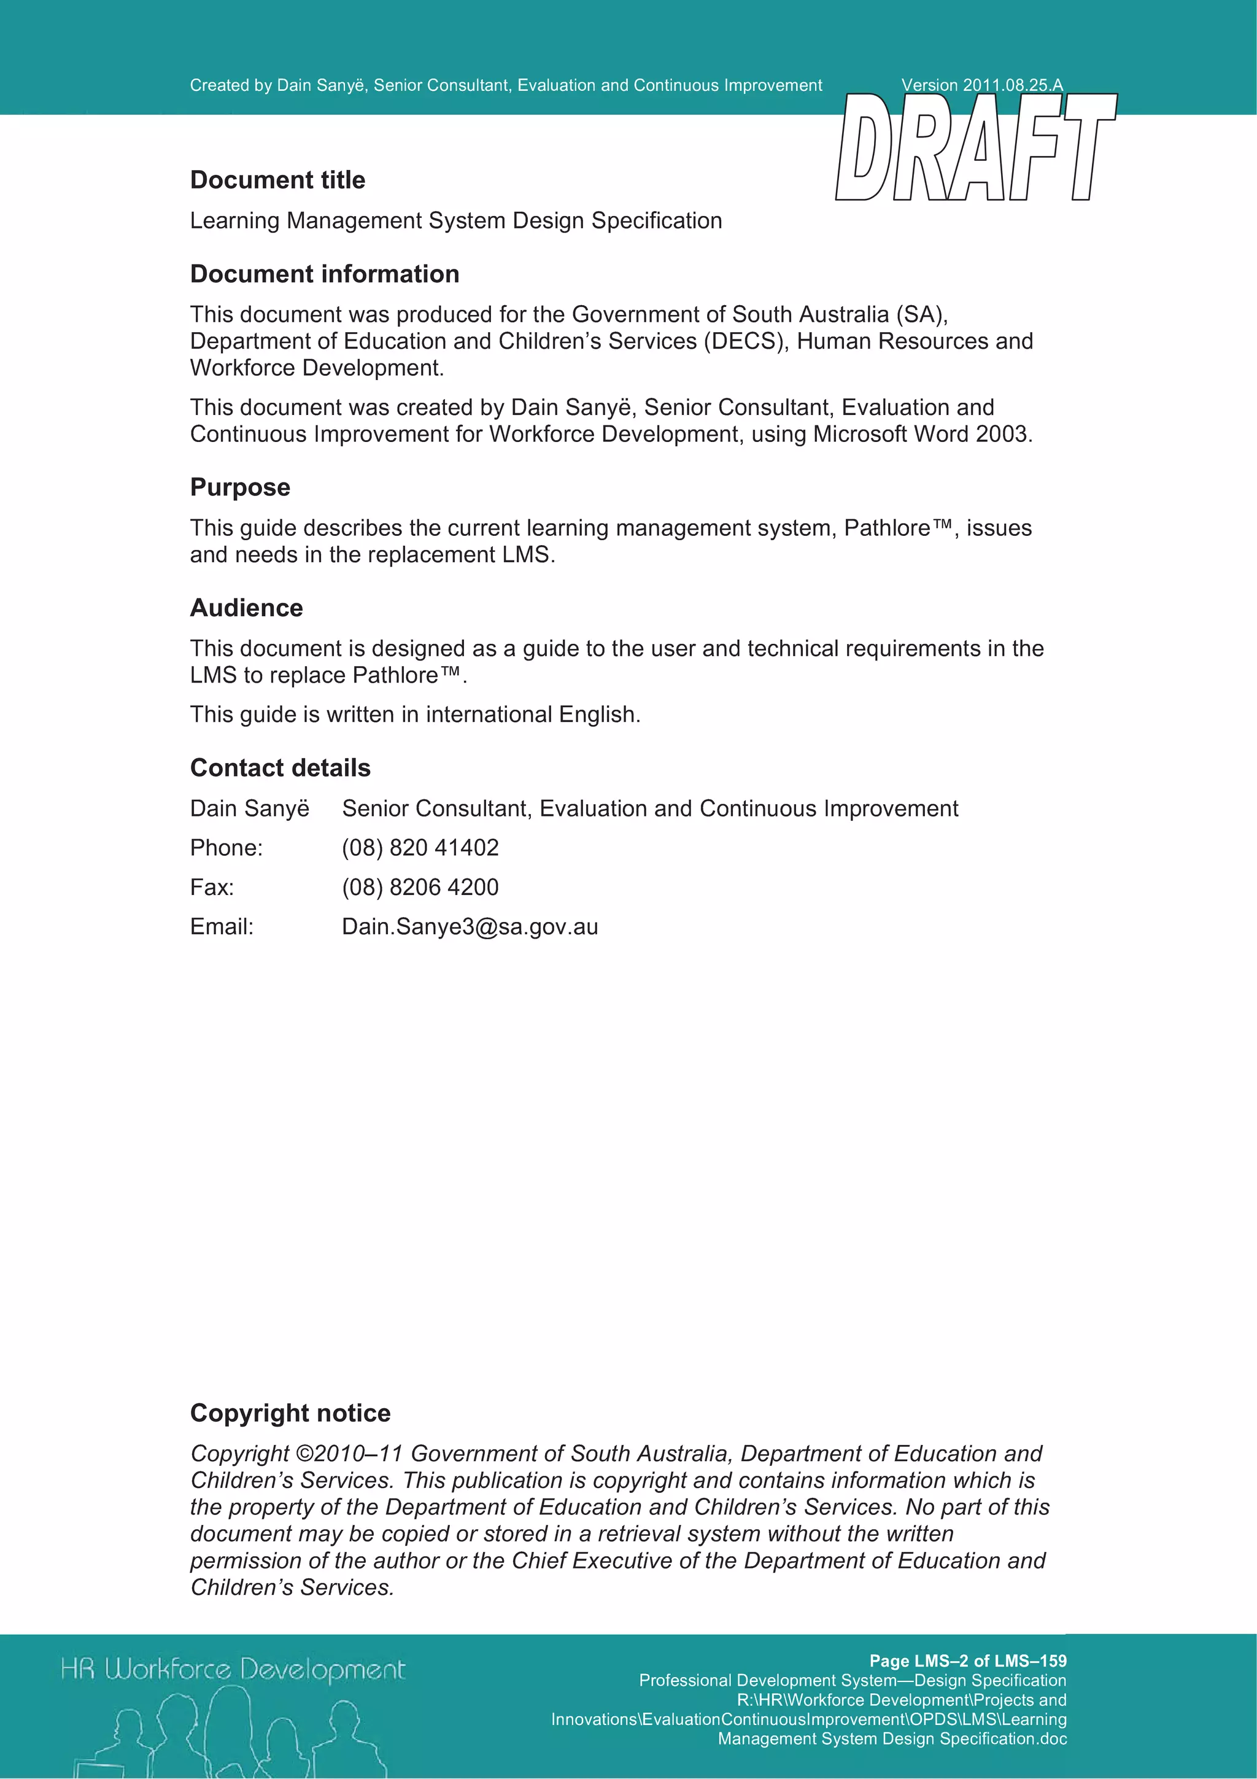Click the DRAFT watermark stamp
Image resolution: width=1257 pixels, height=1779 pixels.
tap(976, 147)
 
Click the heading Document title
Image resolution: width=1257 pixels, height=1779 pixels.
tap(277, 180)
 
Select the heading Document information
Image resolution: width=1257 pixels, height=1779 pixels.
tap(325, 274)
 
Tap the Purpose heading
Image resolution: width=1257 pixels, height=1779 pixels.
tap(240, 487)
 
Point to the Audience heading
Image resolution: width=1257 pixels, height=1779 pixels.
tap(246, 608)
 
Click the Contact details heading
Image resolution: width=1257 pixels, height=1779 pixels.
tap(280, 768)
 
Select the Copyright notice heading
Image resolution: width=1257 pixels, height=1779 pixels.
tap(290, 1413)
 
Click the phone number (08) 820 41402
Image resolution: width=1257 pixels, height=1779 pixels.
tap(420, 848)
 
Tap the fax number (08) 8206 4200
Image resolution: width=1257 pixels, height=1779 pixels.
tap(420, 887)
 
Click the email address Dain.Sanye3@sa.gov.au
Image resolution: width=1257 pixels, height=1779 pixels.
tap(470, 927)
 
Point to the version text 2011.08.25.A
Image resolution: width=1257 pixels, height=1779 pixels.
tap(1012, 85)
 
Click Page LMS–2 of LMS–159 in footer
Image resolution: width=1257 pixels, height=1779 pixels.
tap(967, 1661)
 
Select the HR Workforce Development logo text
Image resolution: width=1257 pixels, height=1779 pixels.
tap(233, 1669)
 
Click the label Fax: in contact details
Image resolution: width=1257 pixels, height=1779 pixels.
tap(212, 887)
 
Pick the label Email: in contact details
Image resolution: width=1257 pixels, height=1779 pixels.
tap(222, 927)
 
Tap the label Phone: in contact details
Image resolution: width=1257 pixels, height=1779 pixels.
tap(226, 848)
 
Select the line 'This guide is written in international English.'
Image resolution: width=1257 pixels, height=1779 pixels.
tap(415, 715)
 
